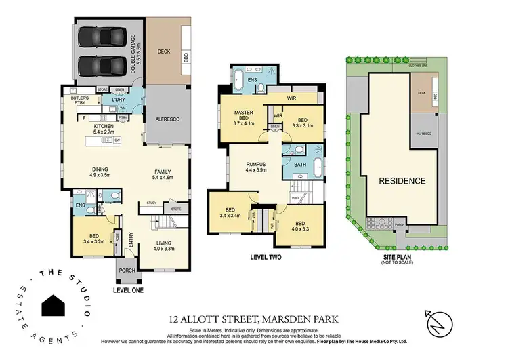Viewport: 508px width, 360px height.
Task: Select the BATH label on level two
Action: coord(299,165)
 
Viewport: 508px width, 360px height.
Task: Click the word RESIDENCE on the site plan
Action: coord(402,180)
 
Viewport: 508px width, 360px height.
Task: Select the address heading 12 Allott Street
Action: coord(253,317)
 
